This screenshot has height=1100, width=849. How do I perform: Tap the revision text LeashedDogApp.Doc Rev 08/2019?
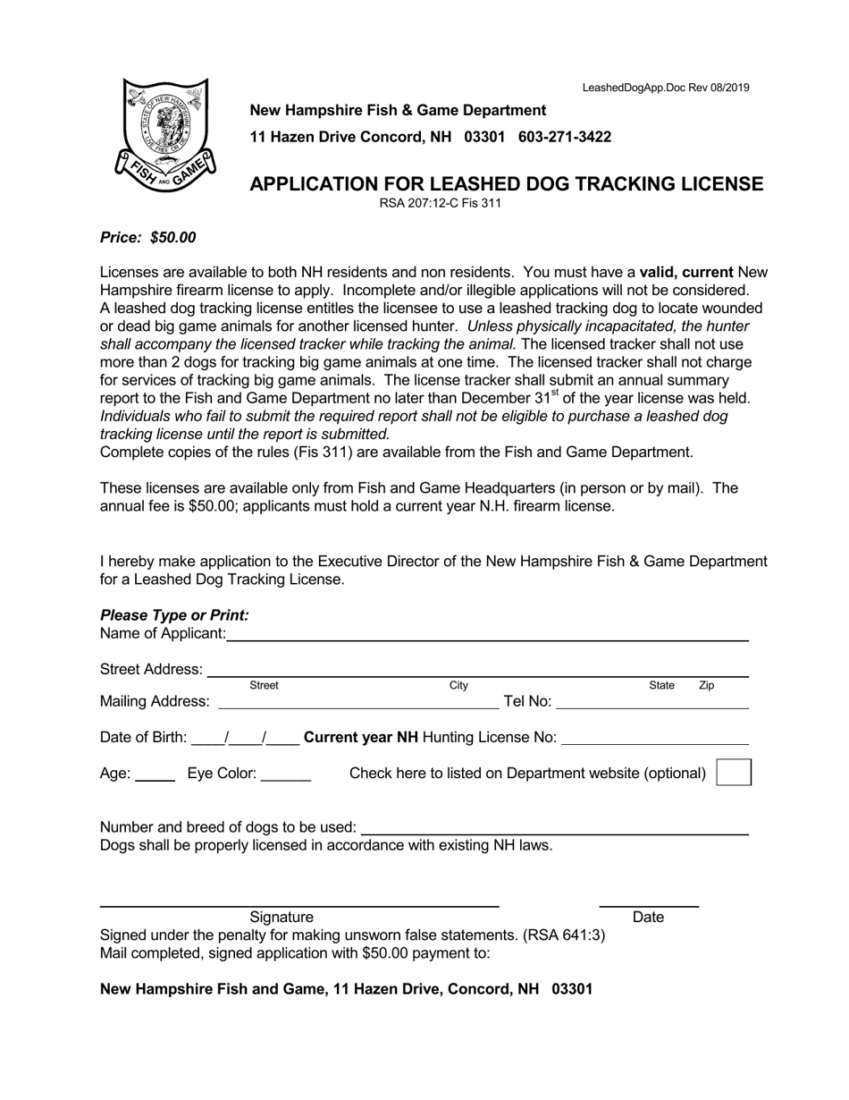pyautogui.click(x=666, y=88)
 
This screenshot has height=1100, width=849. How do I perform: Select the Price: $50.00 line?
pyautogui.click(x=147, y=238)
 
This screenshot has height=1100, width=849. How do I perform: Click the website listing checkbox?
pyautogui.click(x=734, y=773)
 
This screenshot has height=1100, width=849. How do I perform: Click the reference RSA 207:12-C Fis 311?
pyautogui.click(x=440, y=203)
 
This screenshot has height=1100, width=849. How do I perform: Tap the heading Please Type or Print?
pyautogui.click(x=174, y=615)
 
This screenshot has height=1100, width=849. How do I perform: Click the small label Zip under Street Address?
pyautogui.click(x=706, y=686)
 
